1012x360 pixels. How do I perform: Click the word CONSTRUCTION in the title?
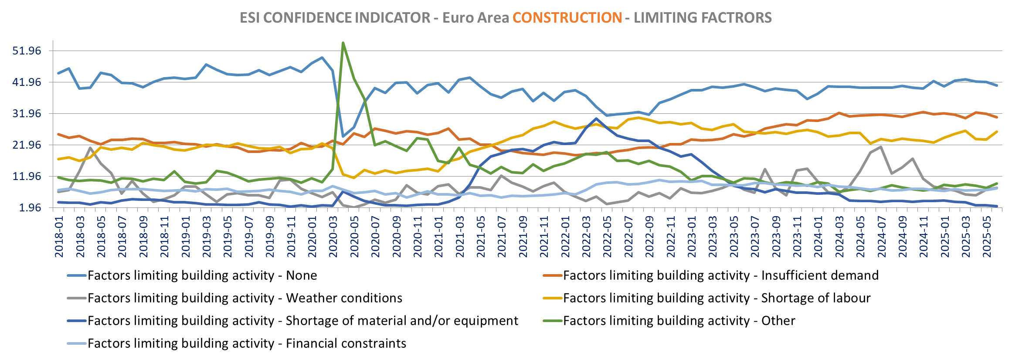(x=567, y=18)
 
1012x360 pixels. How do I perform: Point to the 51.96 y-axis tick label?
(x=27, y=51)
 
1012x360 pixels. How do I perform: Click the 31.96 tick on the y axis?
(x=27, y=114)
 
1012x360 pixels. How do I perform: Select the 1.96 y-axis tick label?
(x=30, y=208)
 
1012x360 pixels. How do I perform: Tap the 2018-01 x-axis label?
(x=59, y=239)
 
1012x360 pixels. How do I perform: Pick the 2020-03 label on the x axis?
(x=333, y=239)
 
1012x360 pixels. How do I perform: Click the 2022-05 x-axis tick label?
(x=608, y=239)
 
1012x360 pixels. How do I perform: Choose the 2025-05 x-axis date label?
(x=987, y=239)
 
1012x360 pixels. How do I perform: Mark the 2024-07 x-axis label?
(x=882, y=239)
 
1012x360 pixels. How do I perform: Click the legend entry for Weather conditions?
(x=245, y=298)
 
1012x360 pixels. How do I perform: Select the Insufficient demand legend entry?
(x=720, y=275)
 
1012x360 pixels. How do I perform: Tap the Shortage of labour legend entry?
(x=717, y=298)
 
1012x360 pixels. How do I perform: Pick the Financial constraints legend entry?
(x=247, y=343)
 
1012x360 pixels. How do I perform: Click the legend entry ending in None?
(x=202, y=275)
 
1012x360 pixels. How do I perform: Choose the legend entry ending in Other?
(x=679, y=321)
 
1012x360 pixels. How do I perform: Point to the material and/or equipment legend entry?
(x=302, y=321)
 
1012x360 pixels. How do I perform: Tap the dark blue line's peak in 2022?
(x=596, y=119)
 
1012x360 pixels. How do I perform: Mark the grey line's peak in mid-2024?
(x=881, y=147)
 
